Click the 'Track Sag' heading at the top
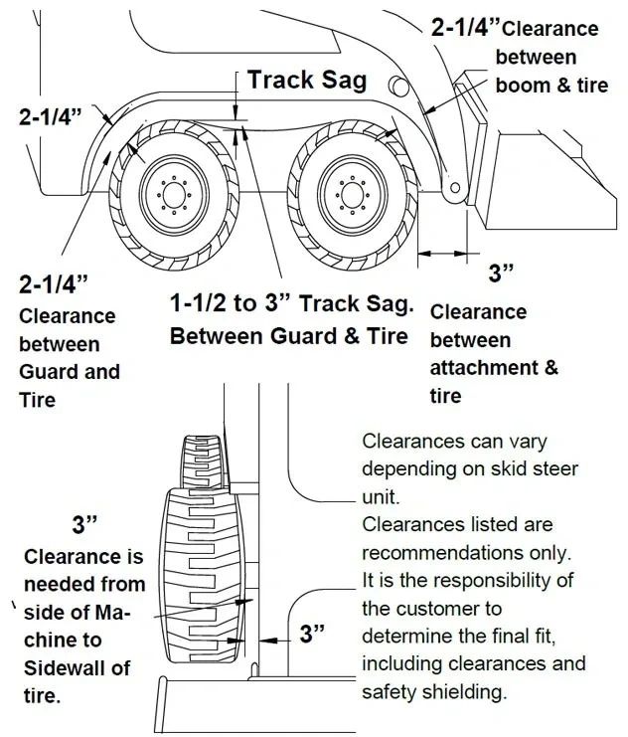coord(306,80)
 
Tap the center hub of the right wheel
coord(350,190)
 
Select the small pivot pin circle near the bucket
coord(454,189)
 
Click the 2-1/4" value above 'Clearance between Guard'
coord(55,284)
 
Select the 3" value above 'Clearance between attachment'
coord(502,272)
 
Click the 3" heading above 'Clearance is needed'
coord(86,524)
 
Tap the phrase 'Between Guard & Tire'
coord(288,336)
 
